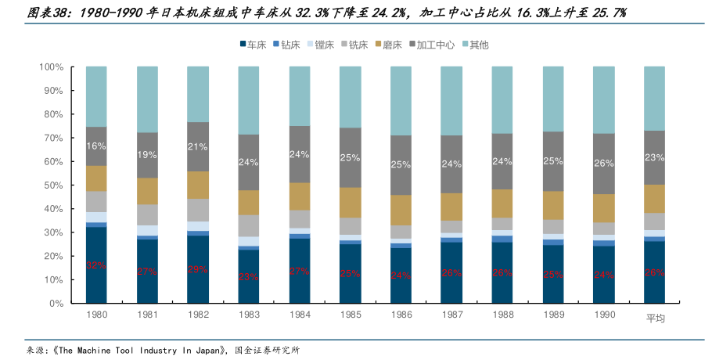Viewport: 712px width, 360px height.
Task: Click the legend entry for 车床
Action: [253, 45]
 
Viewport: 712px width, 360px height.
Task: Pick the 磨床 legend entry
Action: [387, 45]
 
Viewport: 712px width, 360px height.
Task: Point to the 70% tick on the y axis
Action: [52, 138]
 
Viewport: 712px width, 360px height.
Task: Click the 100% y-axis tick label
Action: [49, 67]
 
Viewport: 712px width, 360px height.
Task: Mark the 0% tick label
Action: [55, 303]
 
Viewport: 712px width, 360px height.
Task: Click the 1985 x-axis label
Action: [350, 315]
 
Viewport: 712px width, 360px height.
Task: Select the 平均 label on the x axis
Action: [654, 317]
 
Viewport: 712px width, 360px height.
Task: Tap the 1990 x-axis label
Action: [603, 315]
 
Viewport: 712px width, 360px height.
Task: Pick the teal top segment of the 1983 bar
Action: [249, 100]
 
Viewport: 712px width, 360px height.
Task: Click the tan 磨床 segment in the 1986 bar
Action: [401, 210]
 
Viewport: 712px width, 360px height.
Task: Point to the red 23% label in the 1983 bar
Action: [249, 276]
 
